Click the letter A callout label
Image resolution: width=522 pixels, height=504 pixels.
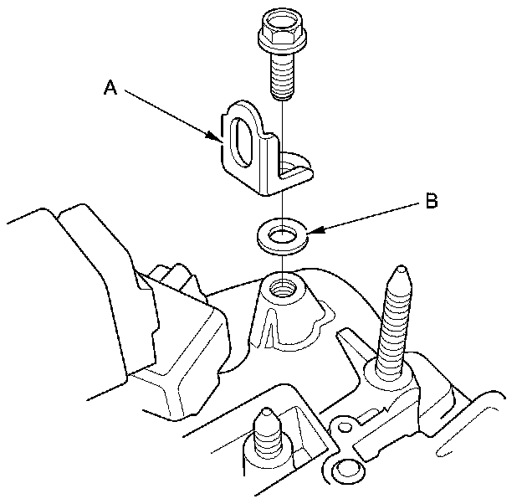click(111, 88)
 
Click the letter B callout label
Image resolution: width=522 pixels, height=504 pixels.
click(432, 201)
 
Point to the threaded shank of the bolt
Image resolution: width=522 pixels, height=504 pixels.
click(282, 77)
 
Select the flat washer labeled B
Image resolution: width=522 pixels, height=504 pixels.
click(282, 237)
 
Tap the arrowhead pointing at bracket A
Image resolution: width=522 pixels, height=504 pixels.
click(213, 136)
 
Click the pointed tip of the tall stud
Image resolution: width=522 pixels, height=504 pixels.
click(401, 269)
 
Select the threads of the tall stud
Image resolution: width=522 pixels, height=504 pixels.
click(395, 327)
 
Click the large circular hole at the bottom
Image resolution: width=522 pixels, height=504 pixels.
click(345, 471)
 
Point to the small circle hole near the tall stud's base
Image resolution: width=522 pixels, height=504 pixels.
click(345, 427)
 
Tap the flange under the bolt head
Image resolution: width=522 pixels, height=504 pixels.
click(282, 42)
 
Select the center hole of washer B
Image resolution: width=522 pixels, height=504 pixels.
click(282, 235)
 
